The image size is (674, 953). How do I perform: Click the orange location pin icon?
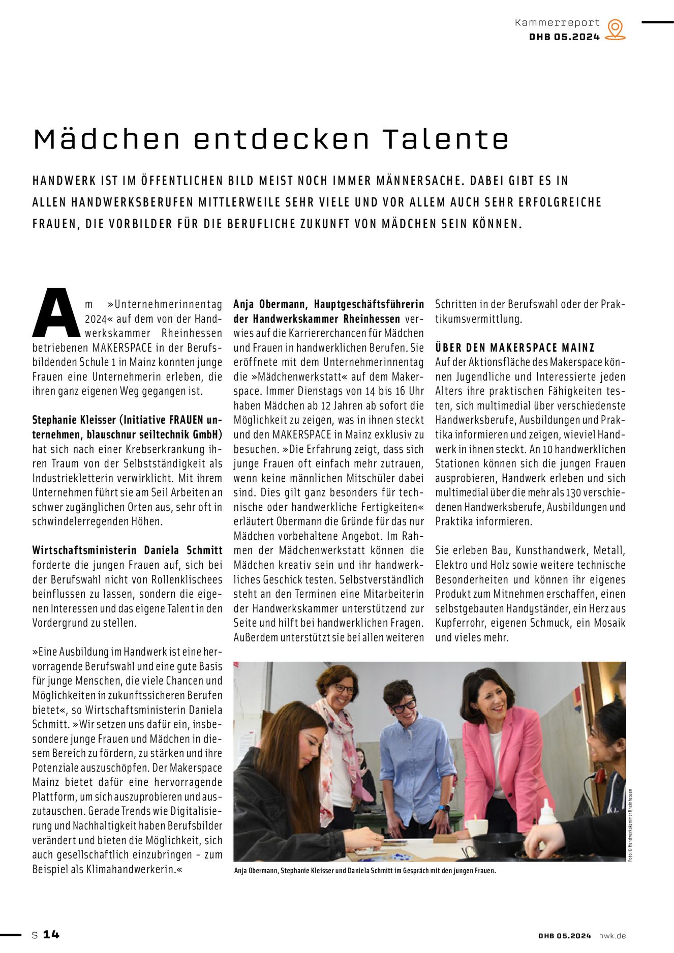pos(615,29)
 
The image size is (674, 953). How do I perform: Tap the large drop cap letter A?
pos(56,313)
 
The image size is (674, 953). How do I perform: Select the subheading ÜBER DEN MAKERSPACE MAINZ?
pos(514,348)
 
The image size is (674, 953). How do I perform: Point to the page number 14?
pos(51,934)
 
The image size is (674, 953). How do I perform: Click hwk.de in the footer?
pos(612,936)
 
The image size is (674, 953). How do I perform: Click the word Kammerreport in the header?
pos(557,23)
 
